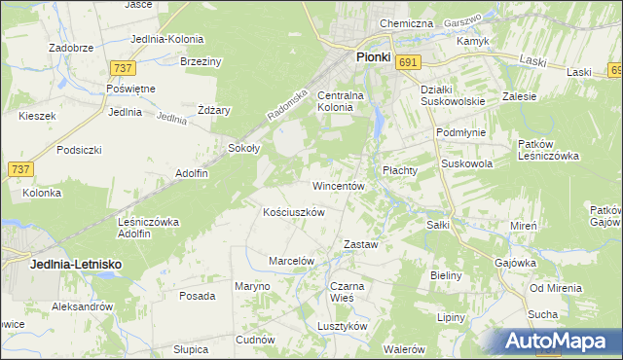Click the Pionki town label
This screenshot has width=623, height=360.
click(373, 56)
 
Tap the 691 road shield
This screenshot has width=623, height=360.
click(409, 62)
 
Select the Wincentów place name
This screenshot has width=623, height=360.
click(338, 185)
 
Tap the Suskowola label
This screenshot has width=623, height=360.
click(467, 164)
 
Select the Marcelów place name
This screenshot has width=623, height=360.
click(291, 261)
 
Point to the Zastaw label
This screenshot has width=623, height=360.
click(361, 244)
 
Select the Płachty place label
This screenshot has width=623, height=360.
click(399, 170)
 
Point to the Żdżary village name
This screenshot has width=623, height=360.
click(214, 110)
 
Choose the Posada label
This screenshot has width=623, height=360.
click(198, 296)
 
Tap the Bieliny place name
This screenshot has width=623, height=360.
click(446, 275)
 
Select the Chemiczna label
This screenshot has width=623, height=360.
click(406, 23)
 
